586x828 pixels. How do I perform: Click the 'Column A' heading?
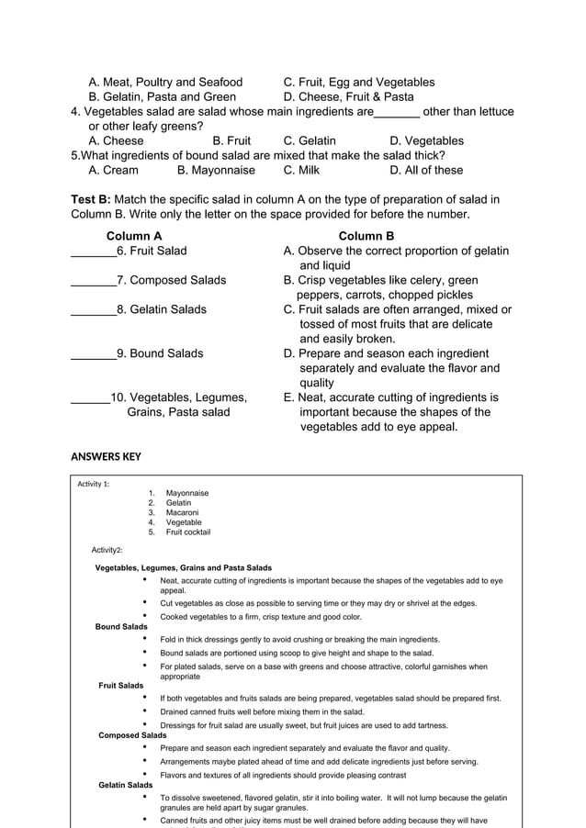click(134, 236)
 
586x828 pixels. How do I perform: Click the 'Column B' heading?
click(366, 236)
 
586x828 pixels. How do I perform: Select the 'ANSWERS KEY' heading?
click(106, 456)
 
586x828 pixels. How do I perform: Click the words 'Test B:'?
click(91, 199)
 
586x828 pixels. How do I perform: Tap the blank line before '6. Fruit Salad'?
click(93, 252)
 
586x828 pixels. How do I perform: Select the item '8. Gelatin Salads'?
click(161, 309)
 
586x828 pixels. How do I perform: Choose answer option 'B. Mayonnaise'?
click(216, 170)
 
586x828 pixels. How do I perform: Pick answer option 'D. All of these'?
click(426, 170)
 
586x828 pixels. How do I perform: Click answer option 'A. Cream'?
click(113, 170)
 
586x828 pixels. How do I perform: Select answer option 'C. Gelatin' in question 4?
click(310, 140)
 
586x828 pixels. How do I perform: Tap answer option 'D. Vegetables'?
click(426, 140)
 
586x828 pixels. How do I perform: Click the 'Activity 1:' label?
click(94, 484)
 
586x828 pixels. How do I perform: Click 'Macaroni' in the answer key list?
click(182, 512)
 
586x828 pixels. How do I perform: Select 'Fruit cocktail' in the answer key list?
click(187, 531)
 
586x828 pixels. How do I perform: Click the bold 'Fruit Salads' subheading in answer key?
click(121, 686)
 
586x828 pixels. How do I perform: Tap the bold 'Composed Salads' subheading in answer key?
click(132, 735)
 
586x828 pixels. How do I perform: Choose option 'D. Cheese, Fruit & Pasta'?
click(348, 96)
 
